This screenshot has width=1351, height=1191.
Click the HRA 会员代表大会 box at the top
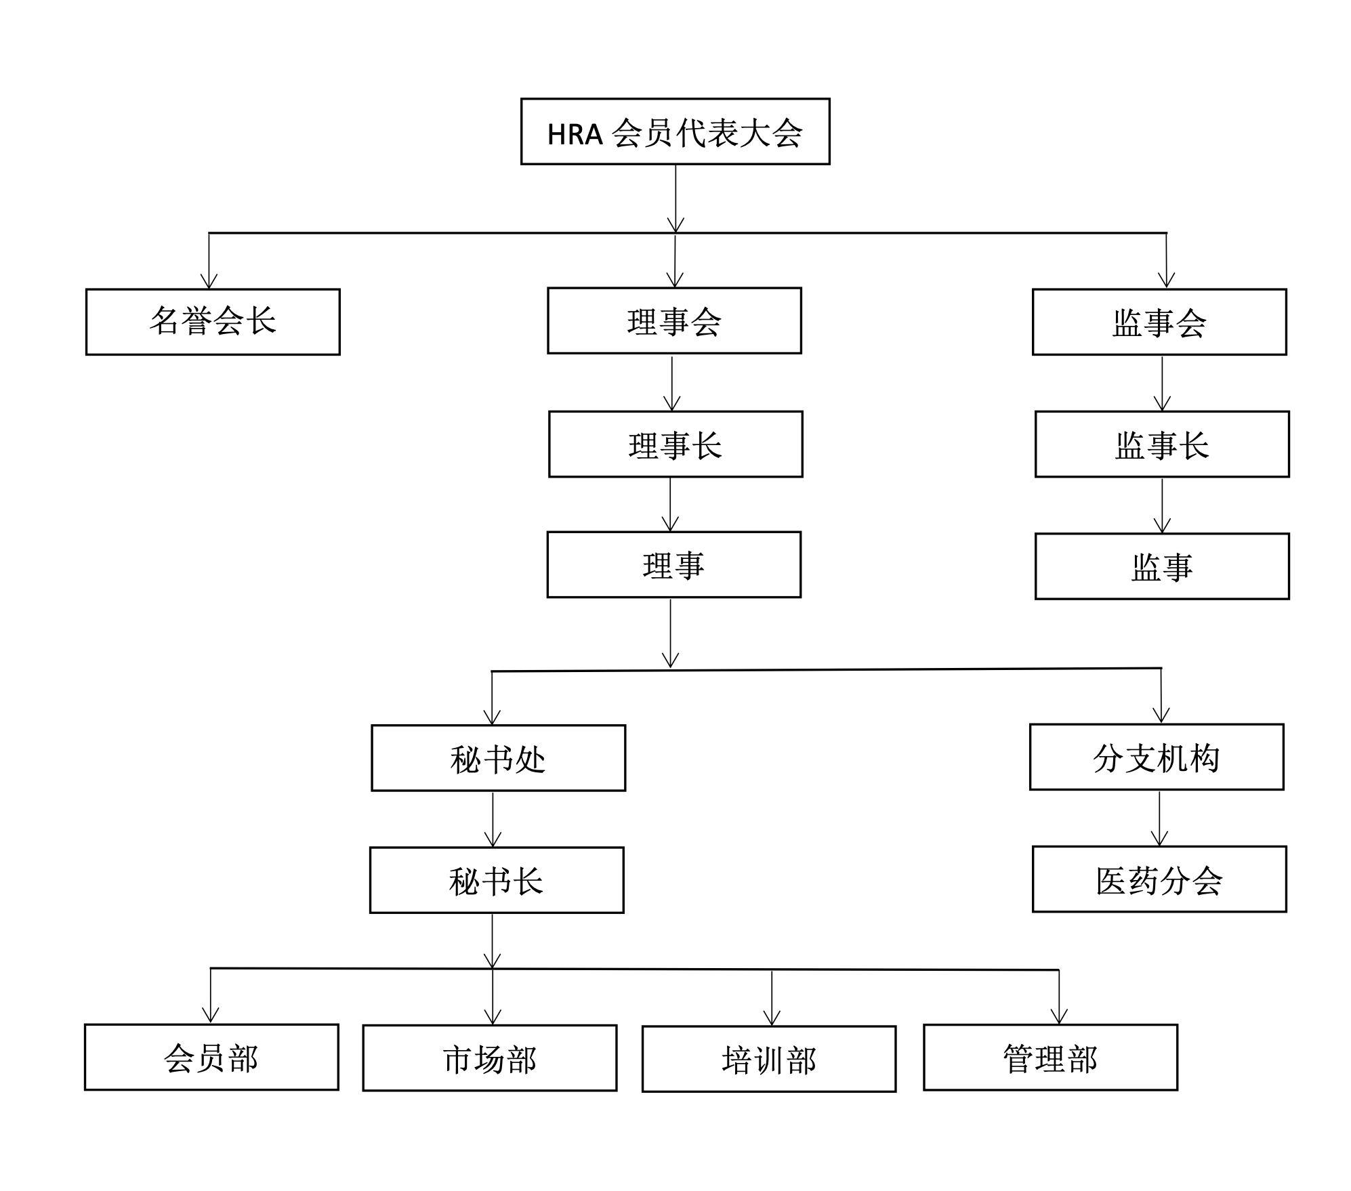(675, 131)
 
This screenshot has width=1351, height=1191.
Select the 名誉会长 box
(213, 322)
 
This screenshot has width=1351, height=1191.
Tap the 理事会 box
(674, 320)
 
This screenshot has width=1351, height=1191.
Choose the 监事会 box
(1159, 322)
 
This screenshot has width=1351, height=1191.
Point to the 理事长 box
(675, 444)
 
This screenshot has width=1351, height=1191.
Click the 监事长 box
(1162, 444)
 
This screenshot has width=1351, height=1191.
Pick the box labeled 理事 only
(674, 564)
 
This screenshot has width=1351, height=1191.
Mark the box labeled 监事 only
(1162, 566)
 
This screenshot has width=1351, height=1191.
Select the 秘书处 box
(498, 757)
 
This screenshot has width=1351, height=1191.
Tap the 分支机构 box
(1157, 757)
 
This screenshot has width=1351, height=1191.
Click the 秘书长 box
(497, 880)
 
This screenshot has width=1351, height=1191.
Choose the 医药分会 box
(1159, 879)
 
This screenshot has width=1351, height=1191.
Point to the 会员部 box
(211, 1057)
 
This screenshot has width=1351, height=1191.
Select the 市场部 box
(490, 1058)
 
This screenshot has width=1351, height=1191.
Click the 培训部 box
(769, 1059)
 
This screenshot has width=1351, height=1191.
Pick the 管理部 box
(1050, 1057)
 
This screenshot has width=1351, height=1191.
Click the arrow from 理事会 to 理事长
(672, 383)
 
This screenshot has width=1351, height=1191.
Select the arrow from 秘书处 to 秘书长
(493, 819)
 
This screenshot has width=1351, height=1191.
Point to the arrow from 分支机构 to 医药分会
(1160, 818)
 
